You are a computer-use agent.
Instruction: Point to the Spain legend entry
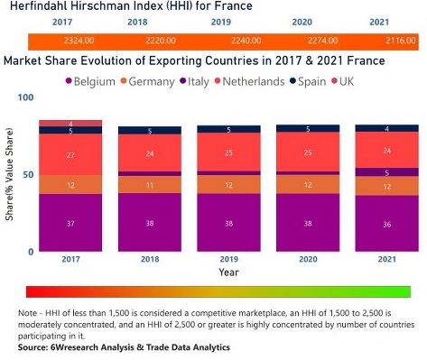click(x=309, y=82)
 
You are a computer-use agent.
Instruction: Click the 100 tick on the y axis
click(x=25, y=97)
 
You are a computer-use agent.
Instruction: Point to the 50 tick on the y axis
click(x=27, y=174)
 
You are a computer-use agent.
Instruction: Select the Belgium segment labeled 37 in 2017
click(x=70, y=223)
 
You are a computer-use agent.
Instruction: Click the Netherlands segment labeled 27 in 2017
click(x=70, y=155)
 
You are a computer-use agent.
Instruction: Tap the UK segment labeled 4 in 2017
click(x=70, y=123)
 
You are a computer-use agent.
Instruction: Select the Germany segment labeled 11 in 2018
click(x=148, y=184)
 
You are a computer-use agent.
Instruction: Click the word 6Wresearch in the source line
click(x=79, y=347)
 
